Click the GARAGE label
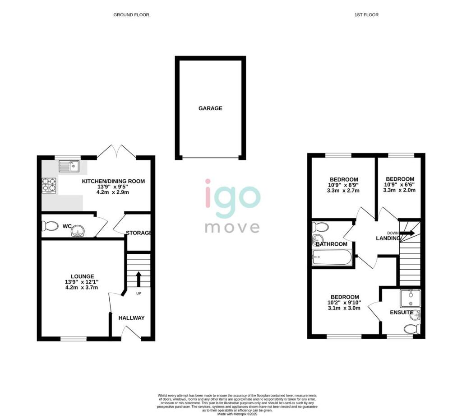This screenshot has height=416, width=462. [210, 108]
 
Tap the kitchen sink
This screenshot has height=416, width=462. [69, 166]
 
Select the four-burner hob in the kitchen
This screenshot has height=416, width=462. [49, 186]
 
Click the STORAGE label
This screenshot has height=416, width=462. [138, 233]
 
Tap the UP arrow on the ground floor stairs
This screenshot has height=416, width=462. [139, 279]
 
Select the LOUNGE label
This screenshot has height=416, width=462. [82, 276]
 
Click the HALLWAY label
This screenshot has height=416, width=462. [131, 318]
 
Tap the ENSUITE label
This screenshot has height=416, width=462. [402, 312]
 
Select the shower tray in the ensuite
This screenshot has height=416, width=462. [411, 298]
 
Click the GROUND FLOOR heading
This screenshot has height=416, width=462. [131, 15]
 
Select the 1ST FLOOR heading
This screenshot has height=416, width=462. [366, 15]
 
